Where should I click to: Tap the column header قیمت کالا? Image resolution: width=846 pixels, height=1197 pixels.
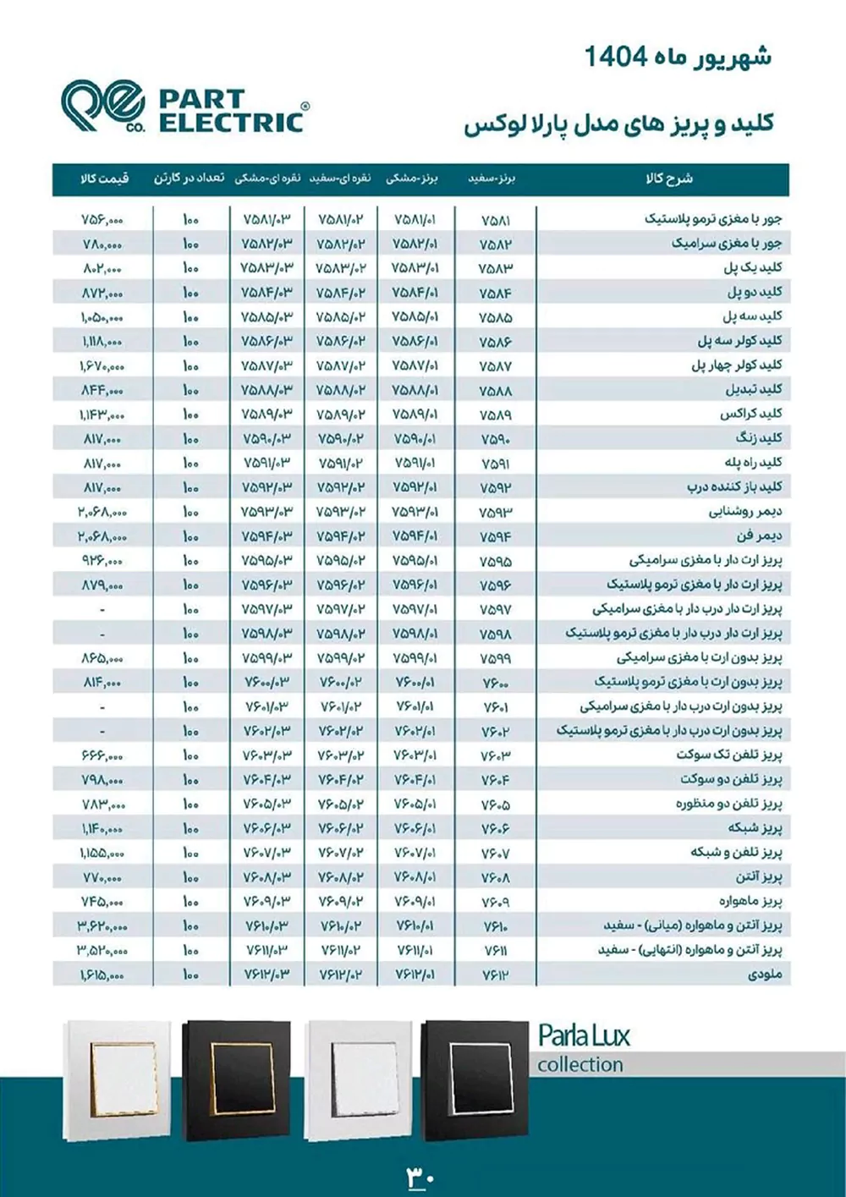coord(103,179)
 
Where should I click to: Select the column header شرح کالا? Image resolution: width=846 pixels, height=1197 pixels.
coord(668,179)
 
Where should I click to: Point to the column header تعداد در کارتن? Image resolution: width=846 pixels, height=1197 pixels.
coord(189,179)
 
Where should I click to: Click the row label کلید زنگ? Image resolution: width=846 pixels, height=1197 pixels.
coord(758,438)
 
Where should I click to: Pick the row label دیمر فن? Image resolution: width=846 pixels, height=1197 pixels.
coord(759,535)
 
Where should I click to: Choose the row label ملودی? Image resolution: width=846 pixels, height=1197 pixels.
coord(765,974)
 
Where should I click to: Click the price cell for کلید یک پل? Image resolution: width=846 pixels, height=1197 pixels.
coord(102,268)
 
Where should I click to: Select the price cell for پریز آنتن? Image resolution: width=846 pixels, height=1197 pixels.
coord(102,878)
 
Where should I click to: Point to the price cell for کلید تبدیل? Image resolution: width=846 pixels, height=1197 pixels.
coord(102,390)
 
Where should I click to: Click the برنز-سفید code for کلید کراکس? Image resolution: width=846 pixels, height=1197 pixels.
coord(495,415)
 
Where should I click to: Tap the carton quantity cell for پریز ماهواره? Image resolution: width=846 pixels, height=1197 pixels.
coord(190,902)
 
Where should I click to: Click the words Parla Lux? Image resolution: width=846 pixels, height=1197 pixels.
coord(584,1035)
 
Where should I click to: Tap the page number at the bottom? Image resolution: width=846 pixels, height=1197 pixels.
coord(420,1177)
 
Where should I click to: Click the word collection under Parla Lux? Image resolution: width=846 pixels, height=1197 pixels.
coord(580,1064)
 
